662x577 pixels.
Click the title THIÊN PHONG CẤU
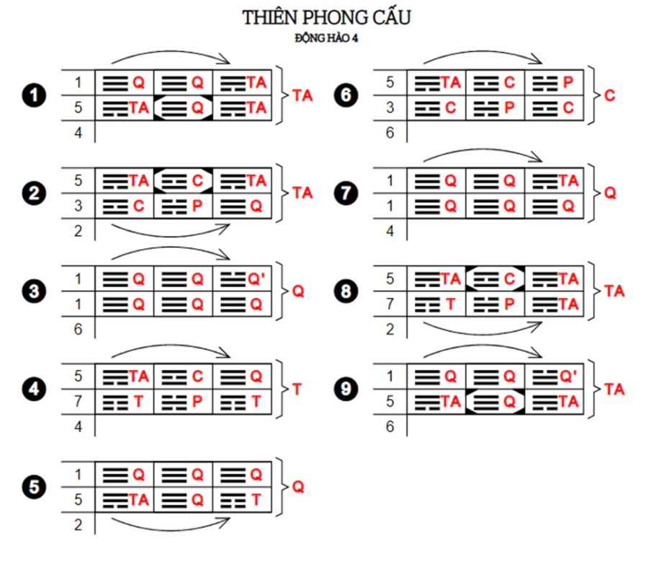(x=326, y=18)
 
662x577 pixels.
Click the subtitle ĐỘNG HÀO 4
(x=326, y=38)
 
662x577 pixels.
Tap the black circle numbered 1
(x=34, y=95)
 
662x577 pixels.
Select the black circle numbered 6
(x=346, y=95)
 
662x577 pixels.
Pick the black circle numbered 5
(x=34, y=488)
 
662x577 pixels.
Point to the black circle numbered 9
(x=346, y=389)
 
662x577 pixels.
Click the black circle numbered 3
(x=34, y=291)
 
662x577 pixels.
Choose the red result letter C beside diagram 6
(x=610, y=95)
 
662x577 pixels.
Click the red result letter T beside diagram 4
(x=298, y=389)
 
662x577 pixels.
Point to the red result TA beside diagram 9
(x=614, y=389)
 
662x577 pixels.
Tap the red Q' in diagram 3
(x=256, y=278)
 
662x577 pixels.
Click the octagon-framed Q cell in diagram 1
(x=183, y=108)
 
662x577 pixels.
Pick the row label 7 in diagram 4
(x=78, y=402)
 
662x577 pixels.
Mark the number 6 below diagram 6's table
(x=390, y=133)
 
